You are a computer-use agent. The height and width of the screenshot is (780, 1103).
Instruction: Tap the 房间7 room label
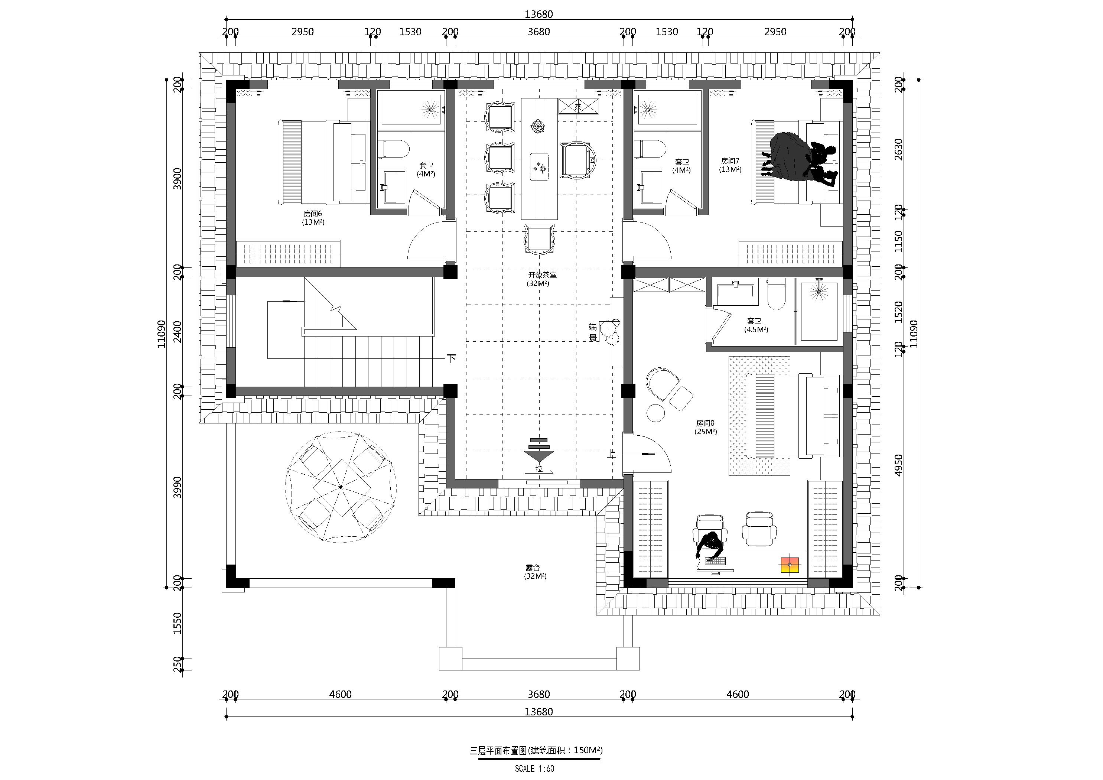(730, 161)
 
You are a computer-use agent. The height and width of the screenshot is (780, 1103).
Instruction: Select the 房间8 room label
(705, 423)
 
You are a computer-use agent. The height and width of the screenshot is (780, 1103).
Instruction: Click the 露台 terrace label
(533, 568)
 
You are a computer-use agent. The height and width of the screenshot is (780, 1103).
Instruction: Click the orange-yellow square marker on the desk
(789, 565)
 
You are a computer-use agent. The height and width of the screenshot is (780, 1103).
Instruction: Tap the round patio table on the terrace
(341, 487)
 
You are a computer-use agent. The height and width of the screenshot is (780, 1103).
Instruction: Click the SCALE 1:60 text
(534, 768)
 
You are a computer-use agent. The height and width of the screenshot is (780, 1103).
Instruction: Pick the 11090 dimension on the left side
(162, 334)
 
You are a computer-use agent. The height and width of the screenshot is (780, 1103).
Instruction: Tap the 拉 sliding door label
(539, 469)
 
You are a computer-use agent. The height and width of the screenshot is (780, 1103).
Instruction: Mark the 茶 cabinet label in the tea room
(578, 107)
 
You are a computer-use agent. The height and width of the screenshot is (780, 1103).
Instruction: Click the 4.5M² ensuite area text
(757, 330)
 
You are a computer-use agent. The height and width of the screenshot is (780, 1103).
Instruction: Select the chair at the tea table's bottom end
(540, 239)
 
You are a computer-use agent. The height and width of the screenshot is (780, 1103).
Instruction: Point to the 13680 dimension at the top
(539, 14)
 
